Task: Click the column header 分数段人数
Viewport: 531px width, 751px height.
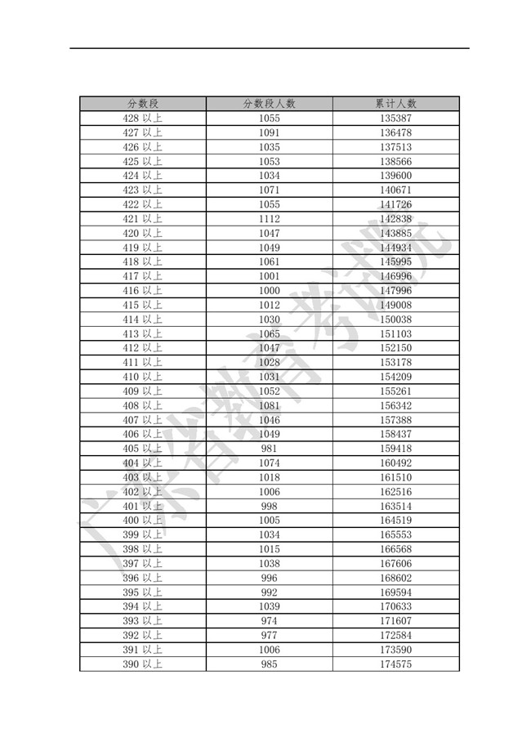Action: pos(270,104)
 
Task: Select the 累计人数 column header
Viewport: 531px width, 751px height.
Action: pos(396,104)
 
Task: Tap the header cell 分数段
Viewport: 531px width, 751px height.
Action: pos(142,104)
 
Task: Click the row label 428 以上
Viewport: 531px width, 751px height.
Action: pos(142,118)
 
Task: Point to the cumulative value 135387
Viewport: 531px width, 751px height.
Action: pos(396,118)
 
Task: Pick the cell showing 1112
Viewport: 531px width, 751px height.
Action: pos(270,219)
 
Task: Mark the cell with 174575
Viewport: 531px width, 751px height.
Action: pos(396,664)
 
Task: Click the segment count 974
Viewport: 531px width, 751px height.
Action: pos(270,621)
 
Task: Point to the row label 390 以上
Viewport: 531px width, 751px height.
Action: pos(142,664)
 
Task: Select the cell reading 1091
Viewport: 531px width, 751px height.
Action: pos(270,132)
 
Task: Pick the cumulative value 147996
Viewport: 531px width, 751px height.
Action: pos(396,291)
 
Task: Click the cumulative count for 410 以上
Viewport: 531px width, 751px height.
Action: pos(396,377)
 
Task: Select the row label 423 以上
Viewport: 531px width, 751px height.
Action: pos(142,190)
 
